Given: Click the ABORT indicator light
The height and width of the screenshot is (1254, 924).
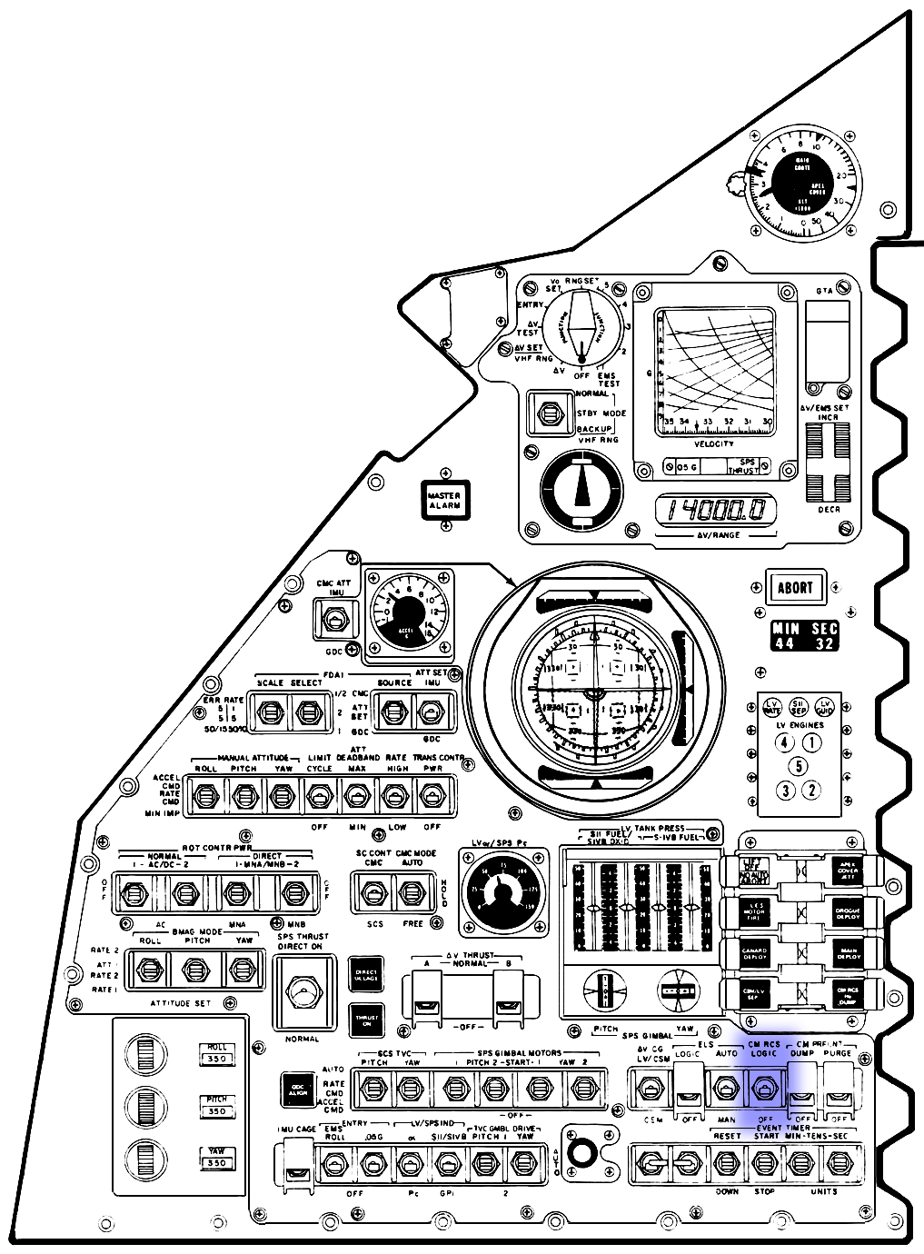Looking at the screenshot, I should (x=794, y=587).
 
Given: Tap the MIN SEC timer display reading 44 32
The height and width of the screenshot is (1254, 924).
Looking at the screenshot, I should (x=804, y=636).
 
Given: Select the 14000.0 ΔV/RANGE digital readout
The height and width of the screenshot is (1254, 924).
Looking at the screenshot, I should (x=717, y=511).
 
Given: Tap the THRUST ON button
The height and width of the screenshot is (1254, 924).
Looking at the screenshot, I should (x=365, y=1020).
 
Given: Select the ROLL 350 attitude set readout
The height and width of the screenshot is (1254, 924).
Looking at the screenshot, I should (x=216, y=1053).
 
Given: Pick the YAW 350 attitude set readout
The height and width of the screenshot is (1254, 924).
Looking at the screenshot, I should (x=216, y=1158).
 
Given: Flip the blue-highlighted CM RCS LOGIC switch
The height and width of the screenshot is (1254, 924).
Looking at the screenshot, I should (x=765, y=1088).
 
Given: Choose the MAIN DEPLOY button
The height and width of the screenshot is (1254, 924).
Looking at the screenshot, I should (x=847, y=952).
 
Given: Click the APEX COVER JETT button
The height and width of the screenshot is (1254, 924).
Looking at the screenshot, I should (x=847, y=869).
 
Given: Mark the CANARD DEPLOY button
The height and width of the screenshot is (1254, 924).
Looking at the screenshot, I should (x=755, y=952).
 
